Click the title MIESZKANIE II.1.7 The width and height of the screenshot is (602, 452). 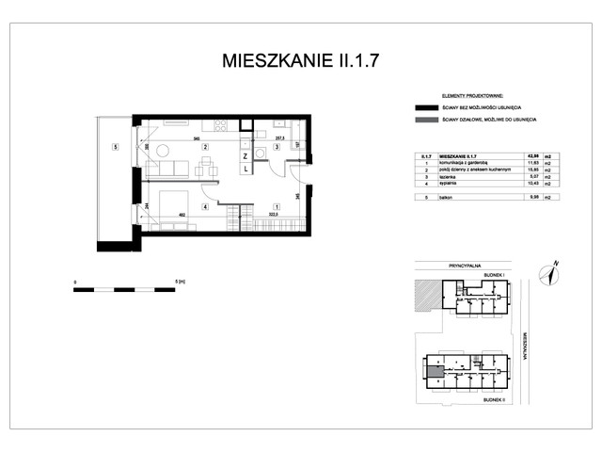pos(301,61)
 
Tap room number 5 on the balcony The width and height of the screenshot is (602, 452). pos(114,147)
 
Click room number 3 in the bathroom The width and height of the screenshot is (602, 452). pos(277,147)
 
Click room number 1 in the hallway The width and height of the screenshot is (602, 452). pos(276,206)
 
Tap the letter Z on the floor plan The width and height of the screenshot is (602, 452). pos(246,155)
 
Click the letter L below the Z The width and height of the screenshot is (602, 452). pos(246,169)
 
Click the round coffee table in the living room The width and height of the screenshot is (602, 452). pos(163,151)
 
